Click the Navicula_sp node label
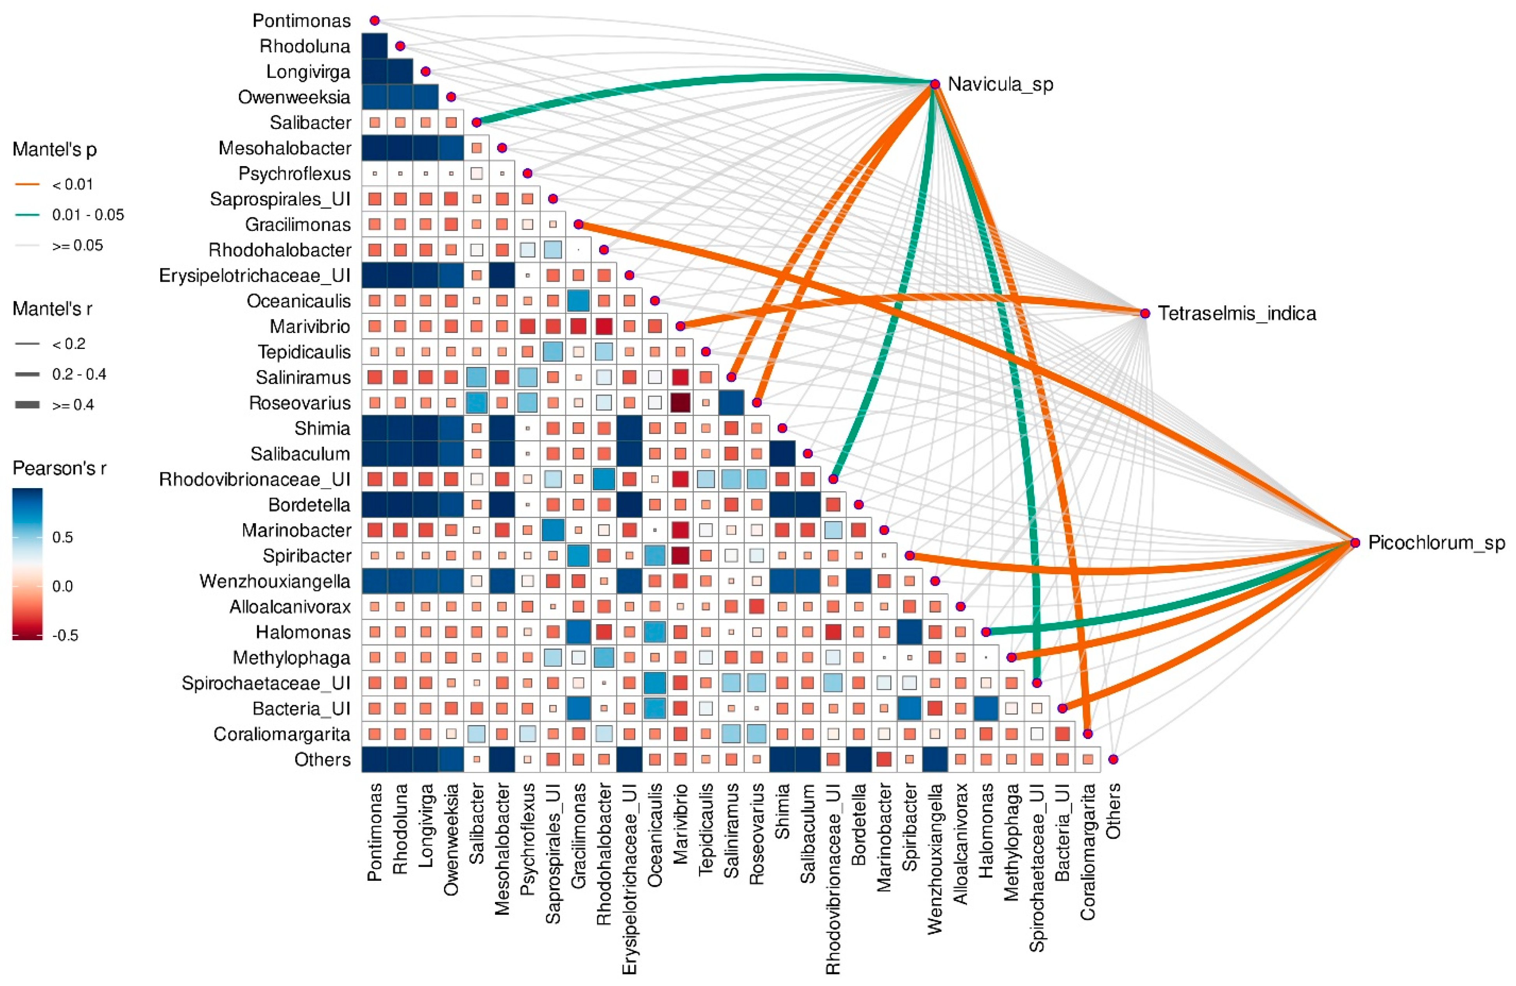1000,84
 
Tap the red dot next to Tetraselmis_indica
1145,313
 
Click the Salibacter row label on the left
310,122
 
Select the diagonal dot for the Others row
1113,759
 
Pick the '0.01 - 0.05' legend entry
88,215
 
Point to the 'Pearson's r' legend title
59,469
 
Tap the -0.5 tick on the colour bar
65,636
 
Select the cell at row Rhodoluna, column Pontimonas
375,46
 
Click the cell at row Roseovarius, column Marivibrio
680,403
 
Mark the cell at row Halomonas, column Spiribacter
909,632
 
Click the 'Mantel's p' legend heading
55,150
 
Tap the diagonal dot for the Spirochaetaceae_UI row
1037,683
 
